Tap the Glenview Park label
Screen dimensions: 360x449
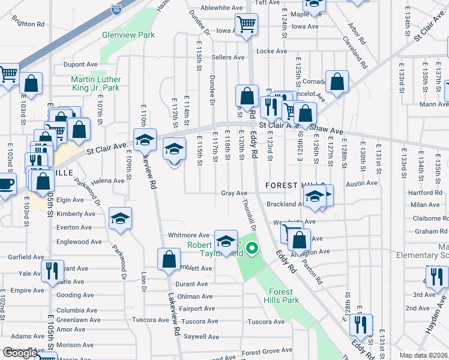tap(128, 35)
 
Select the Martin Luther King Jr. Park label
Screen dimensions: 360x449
tap(95, 84)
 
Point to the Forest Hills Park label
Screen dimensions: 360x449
tap(282, 296)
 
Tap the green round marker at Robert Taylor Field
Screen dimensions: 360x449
tap(252, 247)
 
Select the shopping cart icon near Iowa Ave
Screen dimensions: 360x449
tap(246, 25)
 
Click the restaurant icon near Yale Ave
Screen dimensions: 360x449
tap(51, 271)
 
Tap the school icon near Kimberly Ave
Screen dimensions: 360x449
tap(120, 218)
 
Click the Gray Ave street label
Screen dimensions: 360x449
tap(234, 193)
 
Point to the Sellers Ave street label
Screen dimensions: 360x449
tap(228, 58)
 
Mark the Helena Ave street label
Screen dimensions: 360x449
tap(107, 181)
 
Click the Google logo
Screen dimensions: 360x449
tap(20, 353)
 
